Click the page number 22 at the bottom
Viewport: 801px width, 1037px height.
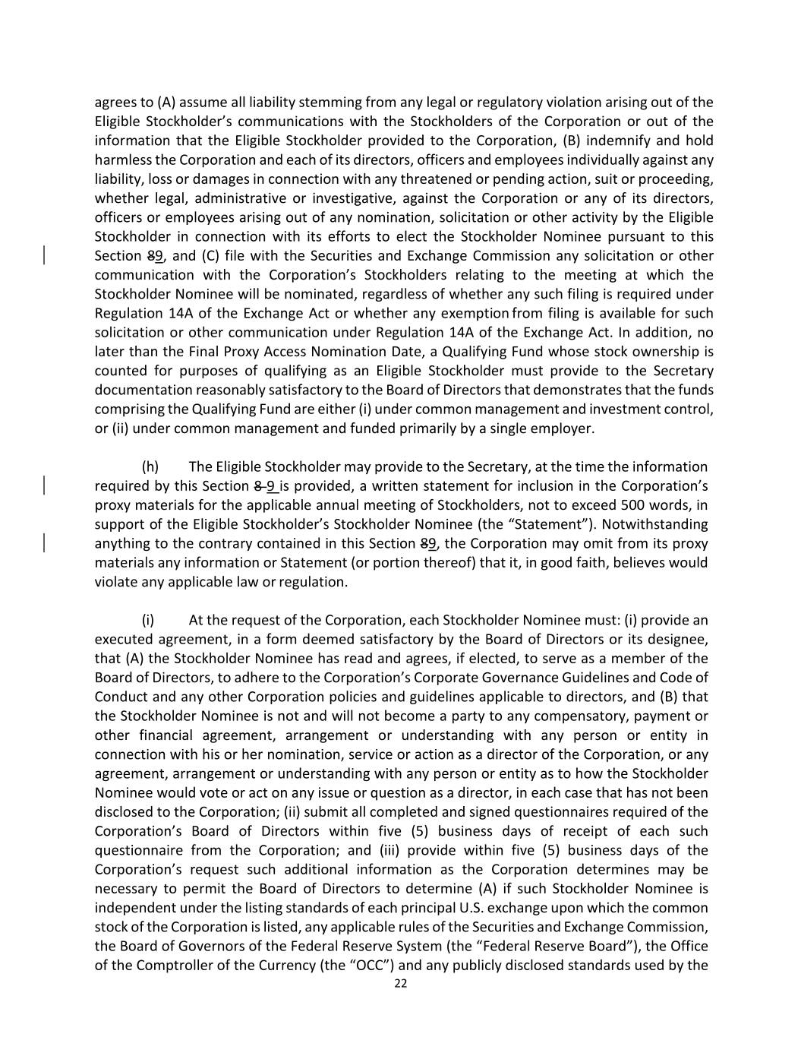click(401, 983)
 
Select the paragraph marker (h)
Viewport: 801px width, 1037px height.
click(150, 466)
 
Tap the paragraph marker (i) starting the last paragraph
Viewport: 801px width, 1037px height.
click(148, 620)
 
